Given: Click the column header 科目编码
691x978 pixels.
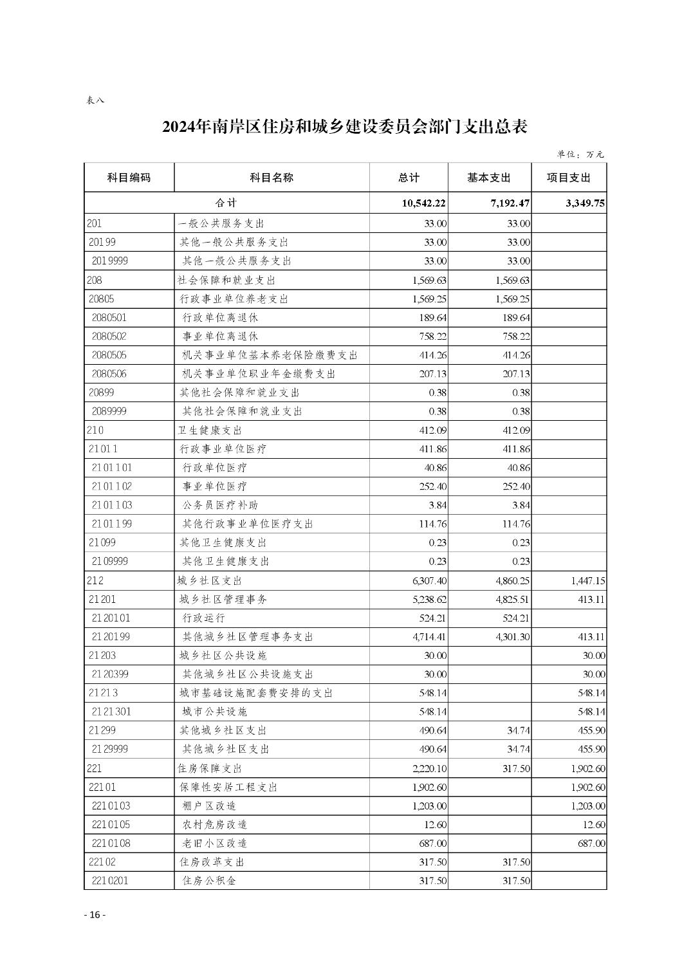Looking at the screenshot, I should pyautogui.click(x=129, y=178).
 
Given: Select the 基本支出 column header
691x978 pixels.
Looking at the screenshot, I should pyautogui.click(x=488, y=178).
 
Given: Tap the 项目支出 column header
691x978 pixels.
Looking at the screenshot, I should pyautogui.click(x=568, y=178).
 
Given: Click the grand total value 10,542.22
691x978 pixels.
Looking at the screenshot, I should pyautogui.click(x=424, y=203).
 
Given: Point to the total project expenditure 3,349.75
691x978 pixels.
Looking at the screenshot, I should pyautogui.click(x=585, y=203).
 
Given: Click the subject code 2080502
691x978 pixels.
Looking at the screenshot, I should pyautogui.click(x=109, y=337).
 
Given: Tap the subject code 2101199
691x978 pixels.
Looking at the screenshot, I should pyautogui.click(x=111, y=524).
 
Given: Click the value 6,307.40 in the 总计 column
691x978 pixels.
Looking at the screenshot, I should pyautogui.click(x=429, y=581).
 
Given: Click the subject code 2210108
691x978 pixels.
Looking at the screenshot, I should pyautogui.click(x=111, y=844).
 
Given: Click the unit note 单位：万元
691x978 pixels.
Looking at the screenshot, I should pyautogui.click(x=580, y=154).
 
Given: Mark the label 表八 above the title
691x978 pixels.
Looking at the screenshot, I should pyautogui.click(x=95, y=100).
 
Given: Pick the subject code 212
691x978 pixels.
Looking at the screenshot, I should pyautogui.click(x=95, y=581).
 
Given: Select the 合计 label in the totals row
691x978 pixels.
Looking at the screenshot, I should pyautogui.click(x=226, y=203).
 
